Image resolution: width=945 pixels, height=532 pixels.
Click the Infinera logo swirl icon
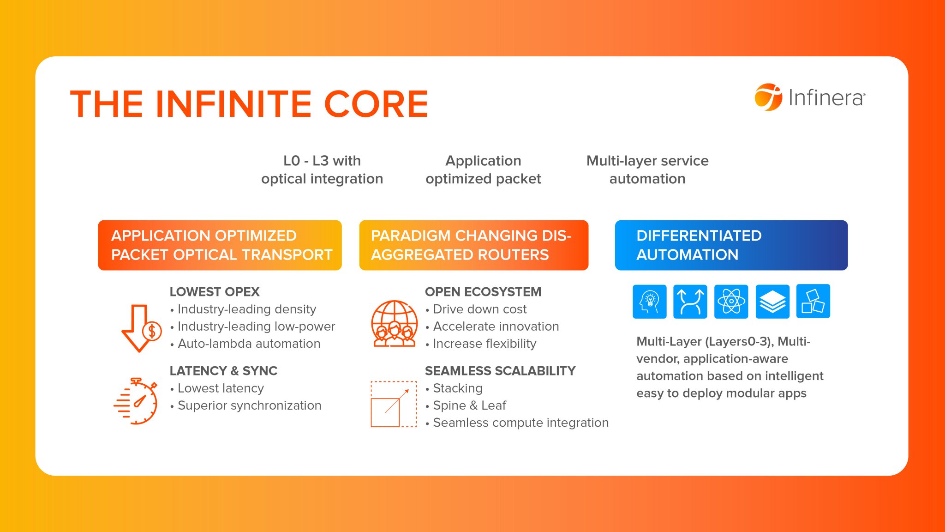[768, 97]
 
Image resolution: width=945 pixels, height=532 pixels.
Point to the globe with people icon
[394, 323]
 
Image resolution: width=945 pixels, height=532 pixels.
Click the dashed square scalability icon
[394, 404]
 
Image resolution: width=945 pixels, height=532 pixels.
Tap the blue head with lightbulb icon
[649, 302]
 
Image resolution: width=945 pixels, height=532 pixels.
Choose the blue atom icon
[731, 302]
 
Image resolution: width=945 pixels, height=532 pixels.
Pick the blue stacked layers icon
[772, 302]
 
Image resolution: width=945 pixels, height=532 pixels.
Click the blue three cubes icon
[813, 302]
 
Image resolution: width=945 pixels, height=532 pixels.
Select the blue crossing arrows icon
[690, 302]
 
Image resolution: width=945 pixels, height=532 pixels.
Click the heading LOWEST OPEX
[215, 292]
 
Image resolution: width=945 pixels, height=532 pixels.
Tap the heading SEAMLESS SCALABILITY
[500, 371]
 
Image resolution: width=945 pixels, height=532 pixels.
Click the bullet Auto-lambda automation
[249, 344]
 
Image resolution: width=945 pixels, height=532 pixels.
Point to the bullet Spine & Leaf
[469, 405]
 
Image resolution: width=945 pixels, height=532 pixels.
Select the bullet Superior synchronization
[249, 405]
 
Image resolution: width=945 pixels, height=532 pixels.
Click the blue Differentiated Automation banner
[731, 245]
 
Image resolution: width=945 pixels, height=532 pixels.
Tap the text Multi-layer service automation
[647, 169]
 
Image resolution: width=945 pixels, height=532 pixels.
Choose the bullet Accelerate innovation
[496, 326]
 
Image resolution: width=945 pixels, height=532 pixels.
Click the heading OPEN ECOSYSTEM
[483, 292]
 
